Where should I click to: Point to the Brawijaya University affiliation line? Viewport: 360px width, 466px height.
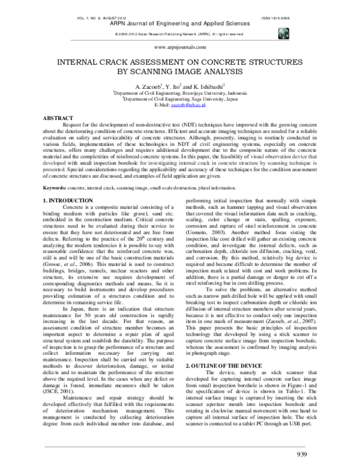click(180, 93)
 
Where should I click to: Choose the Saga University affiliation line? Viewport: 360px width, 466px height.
click(180, 99)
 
